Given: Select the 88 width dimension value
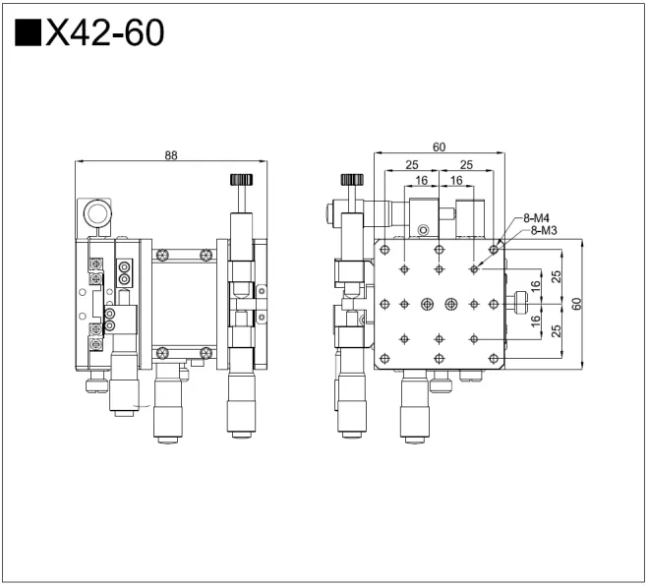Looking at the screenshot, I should coord(171,154).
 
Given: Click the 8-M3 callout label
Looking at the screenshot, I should coord(544,230).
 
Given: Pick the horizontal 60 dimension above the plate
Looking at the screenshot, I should coord(439,147).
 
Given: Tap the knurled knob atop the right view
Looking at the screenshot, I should coord(351,180).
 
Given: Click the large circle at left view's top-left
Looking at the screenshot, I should coord(96,213).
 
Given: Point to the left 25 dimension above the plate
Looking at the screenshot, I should coord(411,164).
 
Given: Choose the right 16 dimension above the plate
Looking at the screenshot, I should coord(456,181).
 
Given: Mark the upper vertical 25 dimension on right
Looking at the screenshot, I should coord(556,277).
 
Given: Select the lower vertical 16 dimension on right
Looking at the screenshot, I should coord(536,321).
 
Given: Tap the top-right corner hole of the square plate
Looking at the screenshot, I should coord(493,250).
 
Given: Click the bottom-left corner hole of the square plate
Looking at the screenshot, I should coord(385,356).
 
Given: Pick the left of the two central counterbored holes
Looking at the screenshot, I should coord(427,303).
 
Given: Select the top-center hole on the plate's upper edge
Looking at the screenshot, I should coord(439,250).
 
